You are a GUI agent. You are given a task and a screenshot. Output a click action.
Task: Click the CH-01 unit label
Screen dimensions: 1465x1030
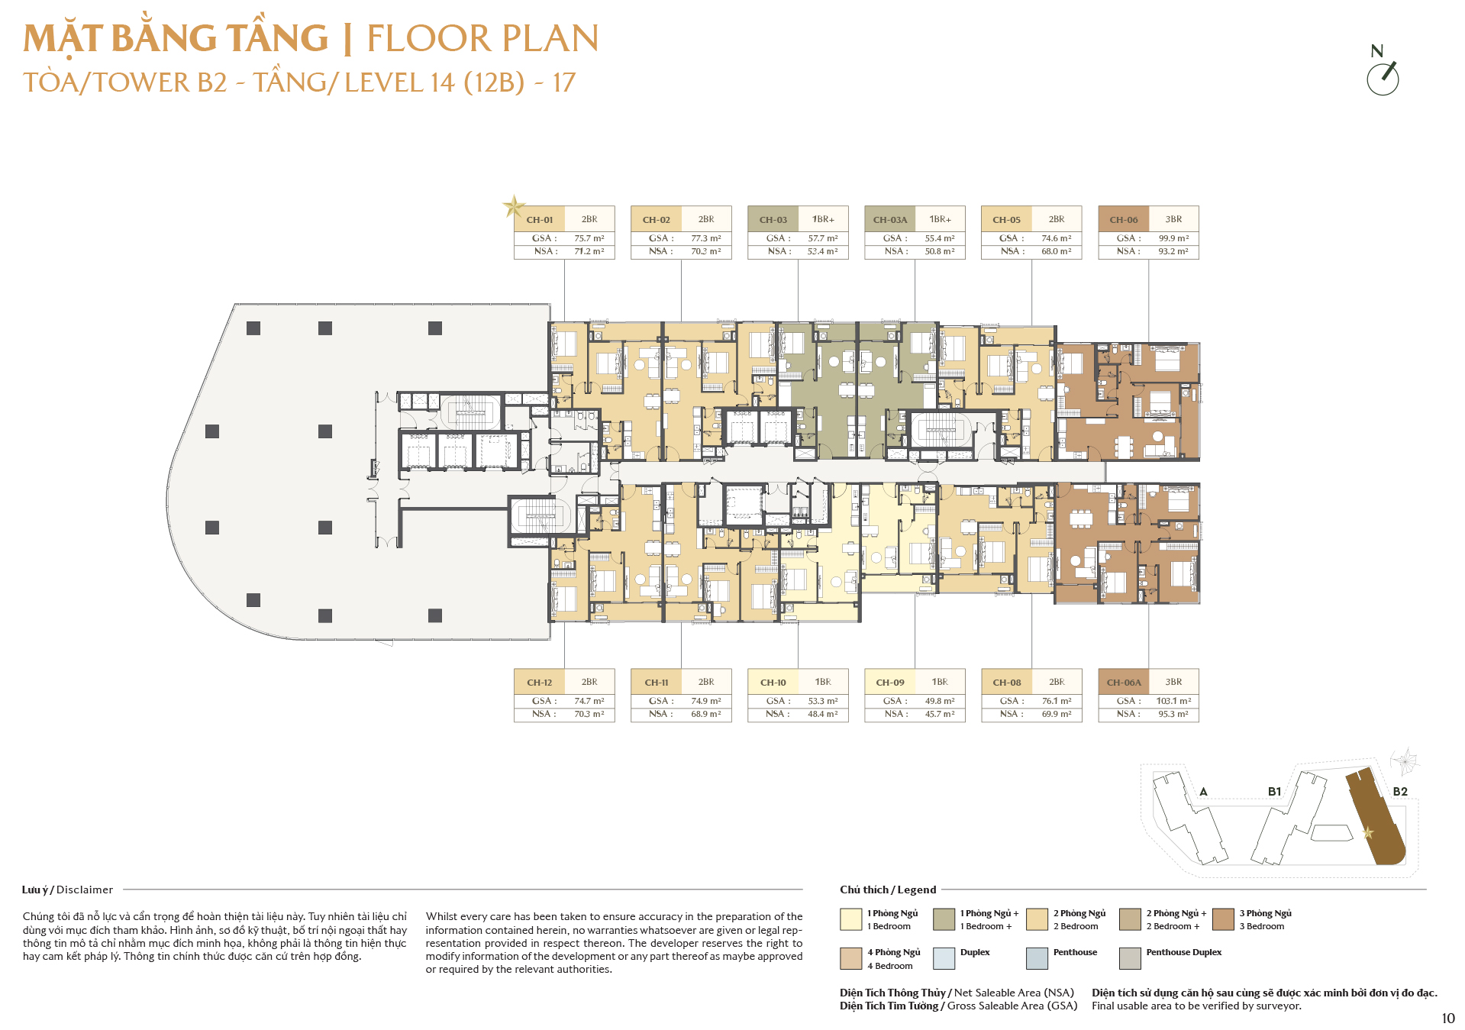click(x=539, y=220)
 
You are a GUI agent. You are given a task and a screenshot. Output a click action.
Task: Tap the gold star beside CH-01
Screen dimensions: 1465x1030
click(x=514, y=206)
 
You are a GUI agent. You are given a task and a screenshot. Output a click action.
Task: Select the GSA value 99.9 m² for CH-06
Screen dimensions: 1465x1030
click(x=1173, y=238)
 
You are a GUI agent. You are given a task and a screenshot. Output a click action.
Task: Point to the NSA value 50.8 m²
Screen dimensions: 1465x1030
click(x=940, y=251)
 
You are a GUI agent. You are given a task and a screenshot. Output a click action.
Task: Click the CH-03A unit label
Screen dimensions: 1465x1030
click(x=890, y=220)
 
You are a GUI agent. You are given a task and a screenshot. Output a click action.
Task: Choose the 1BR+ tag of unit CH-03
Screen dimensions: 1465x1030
click(x=823, y=219)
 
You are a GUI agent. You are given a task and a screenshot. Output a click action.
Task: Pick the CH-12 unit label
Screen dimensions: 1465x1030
click(x=539, y=683)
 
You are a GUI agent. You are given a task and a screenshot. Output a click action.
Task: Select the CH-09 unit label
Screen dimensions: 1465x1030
click(x=890, y=683)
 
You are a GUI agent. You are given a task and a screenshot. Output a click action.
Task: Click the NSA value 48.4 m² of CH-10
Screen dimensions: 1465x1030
click(x=823, y=714)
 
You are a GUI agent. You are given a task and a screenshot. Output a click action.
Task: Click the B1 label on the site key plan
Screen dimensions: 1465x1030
click(x=1274, y=792)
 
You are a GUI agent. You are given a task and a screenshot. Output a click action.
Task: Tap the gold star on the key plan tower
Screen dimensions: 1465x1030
click(x=1367, y=832)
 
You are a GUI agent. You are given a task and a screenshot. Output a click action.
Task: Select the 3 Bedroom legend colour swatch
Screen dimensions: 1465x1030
click(x=1223, y=919)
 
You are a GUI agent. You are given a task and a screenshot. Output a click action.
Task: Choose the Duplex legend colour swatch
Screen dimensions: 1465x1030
click(x=944, y=958)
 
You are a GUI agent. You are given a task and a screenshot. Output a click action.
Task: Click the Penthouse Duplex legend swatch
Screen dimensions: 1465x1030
click(x=1130, y=958)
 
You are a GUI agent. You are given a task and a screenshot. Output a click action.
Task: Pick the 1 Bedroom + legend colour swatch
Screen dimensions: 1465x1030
click(x=944, y=919)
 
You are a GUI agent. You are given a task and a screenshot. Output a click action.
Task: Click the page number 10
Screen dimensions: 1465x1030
click(x=1448, y=1019)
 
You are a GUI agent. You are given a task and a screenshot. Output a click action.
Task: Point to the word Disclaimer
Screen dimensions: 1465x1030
click(x=85, y=890)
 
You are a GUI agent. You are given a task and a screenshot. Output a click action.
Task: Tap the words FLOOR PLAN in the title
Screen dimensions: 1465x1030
click(x=482, y=38)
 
